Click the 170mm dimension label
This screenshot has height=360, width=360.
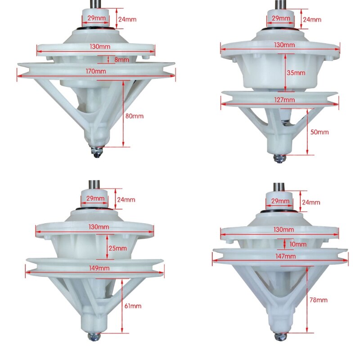[x=96, y=71]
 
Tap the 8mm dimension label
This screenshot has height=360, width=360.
[x=121, y=60]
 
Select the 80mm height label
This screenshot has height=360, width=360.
[x=134, y=116]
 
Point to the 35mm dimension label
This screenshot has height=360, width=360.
[x=296, y=73]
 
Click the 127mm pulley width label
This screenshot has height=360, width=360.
[x=284, y=100]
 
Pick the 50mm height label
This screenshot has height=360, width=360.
[x=319, y=132]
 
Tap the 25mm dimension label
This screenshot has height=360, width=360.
[x=117, y=248]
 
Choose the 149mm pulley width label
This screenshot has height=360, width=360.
[x=99, y=268]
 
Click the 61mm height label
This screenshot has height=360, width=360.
[x=133, y=306]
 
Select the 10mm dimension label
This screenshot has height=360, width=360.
[x=298, y=244]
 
